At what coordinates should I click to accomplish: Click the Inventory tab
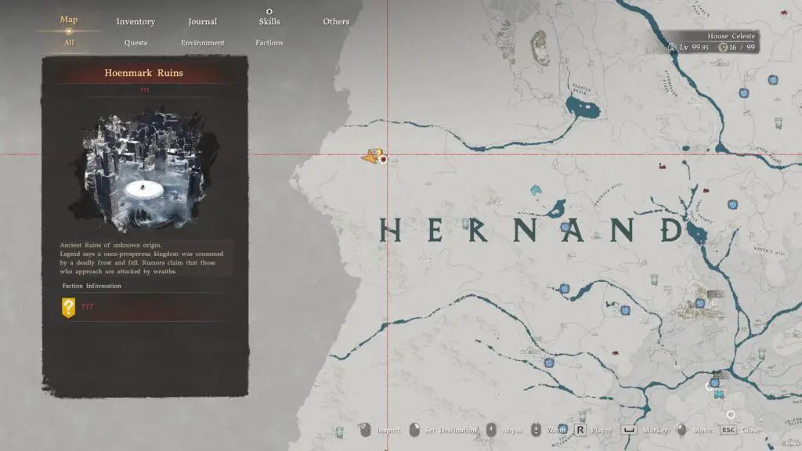pos(135,22)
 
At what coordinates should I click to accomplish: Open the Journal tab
pos(203,22)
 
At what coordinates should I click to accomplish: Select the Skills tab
pos(269,22)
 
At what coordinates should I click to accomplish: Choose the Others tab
pos(336,22)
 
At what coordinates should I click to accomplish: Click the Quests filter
pos(135,43)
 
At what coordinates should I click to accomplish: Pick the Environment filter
pos(203,43)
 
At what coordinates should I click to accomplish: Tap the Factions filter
pos(269,43)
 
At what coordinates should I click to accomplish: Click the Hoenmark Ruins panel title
pos(145,73)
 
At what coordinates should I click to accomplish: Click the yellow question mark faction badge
pos(68,308)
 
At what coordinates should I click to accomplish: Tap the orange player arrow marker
pos(371,157)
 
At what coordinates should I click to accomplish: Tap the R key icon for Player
pos(580,430)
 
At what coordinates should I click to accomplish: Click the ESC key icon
pos(728,430)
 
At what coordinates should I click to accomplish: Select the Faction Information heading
pos(92,286)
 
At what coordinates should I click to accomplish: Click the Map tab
pos(69,20)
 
